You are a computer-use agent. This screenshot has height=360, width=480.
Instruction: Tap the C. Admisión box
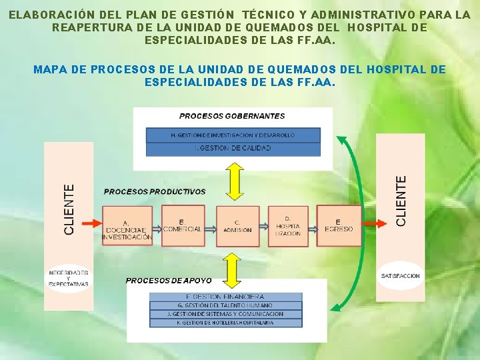(x=237, y=225)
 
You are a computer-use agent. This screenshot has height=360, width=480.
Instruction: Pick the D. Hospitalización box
(x=288, y=225)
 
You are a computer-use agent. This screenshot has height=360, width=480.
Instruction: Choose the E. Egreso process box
(x=339, y=225)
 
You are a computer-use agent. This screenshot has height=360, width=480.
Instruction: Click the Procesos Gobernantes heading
(x=232, y=116)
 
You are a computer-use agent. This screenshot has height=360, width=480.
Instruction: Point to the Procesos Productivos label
(x=155, y=191)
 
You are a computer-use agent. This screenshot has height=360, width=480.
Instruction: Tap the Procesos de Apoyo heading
(x=169, y=281)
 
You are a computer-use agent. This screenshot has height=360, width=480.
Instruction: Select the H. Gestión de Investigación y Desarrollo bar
(x=233, y=135)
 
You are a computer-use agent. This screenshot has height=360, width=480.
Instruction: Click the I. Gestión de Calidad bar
(x=233, y=148)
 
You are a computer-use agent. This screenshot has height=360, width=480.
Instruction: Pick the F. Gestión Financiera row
(x=225, y=297)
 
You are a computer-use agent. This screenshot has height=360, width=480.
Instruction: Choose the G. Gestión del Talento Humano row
(x=225, y=305)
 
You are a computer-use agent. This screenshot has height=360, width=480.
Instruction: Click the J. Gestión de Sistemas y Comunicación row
(x=225, y=314)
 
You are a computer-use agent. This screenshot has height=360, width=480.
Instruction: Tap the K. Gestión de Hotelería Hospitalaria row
(x=225, y=323)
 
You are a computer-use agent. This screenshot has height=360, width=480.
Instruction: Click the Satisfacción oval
(x=401, y=275)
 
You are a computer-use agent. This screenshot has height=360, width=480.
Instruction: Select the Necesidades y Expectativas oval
(x=69, y=278)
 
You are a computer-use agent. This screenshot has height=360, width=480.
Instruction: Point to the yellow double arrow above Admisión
(x=233, y=181)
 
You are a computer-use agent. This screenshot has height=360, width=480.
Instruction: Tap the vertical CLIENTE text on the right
(x=401, y=200)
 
